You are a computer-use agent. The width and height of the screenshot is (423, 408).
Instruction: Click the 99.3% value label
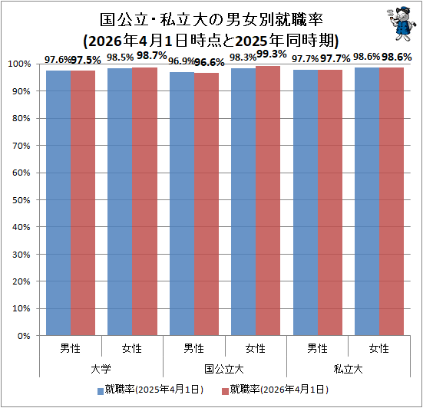tap(271, 54)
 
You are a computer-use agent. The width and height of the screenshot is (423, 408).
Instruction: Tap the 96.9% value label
tap(181, 61)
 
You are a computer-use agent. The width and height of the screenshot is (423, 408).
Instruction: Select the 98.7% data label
tap(151, 55)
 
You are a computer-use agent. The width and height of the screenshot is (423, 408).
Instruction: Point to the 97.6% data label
tap(58, 60)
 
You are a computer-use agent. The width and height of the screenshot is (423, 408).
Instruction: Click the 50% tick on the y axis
tap(21, 200)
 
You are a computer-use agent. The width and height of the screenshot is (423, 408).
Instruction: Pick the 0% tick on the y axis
tap(24, 336)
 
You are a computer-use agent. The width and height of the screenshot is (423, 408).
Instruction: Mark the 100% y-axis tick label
tap(19, 64)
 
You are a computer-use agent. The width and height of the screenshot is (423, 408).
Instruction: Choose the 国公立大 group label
tap(224, 369)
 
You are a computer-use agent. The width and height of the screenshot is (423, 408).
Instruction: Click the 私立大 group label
tap(348, 369)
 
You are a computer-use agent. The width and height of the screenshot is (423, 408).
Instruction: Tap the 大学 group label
tap(101, 369)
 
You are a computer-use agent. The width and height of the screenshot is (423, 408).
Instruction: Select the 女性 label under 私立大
tap(379, 348)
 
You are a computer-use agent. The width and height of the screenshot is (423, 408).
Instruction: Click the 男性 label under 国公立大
tap(193, 348)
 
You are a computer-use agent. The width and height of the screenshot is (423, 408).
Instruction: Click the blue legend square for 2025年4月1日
tap(101, 391)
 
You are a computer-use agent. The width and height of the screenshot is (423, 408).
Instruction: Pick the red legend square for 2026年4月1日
tap(225, 391)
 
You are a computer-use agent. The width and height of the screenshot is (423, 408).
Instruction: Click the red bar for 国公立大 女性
tap(268, 201)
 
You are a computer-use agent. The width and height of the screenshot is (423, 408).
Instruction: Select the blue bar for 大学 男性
tap(58, 203)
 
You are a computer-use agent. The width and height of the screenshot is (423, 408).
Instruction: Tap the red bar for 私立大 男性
tap(330, 202)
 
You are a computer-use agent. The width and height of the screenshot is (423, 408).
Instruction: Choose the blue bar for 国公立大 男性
tap(182, 204)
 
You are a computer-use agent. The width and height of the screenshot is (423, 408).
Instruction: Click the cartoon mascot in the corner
tap(401, 24)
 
